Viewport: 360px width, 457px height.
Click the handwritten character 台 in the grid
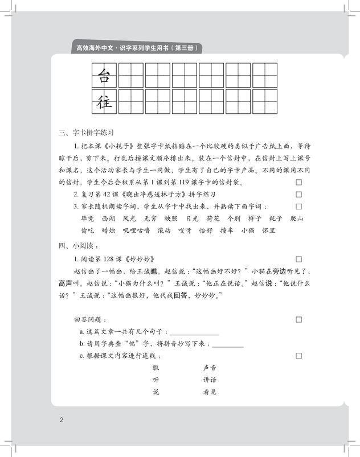[104, 75]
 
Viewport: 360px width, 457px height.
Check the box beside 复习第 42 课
[298, 195]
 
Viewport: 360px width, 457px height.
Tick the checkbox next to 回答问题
[298, 319]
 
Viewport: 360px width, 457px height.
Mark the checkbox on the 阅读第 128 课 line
[298, 258]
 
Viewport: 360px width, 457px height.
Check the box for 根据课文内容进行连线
[298, 356]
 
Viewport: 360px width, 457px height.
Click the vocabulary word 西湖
[108, 219]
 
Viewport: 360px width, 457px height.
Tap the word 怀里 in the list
[268, 230]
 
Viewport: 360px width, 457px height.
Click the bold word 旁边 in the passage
[283, 270]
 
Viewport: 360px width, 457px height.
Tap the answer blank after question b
[227, 344]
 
